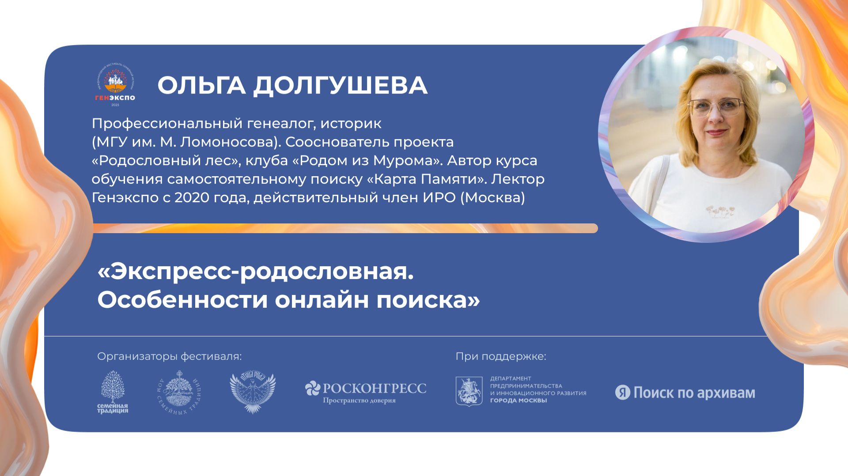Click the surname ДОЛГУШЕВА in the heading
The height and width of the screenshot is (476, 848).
pyautogui.click(x=340, y=85)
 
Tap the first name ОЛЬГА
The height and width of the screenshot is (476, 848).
pyautogui.click(x=201, y=85)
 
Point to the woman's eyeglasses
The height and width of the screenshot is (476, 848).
pyautogui.click(x=716, y=107)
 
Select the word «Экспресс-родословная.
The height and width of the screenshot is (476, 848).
pyautogui.click(x=256, y=272)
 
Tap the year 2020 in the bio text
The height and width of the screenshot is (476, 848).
pyautogui.click(x=193, y=197)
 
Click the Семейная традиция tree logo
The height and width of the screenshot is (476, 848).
pyautogui.click(x=113, y=392)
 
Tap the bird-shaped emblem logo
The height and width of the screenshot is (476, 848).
pyautogui.click(x=253, y=393)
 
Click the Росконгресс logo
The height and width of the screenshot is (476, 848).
pyautogui.click(x=366, y=392)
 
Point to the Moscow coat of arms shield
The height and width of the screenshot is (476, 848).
pyautogui.click(x=469, y=391)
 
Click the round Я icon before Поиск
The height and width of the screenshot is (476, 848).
pyautogui.click(x=623, y=393)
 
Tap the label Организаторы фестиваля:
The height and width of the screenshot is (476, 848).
pyautogui.click(x=170, y=356)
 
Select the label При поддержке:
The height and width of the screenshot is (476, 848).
pyautogui.click(x=501, y=356)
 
